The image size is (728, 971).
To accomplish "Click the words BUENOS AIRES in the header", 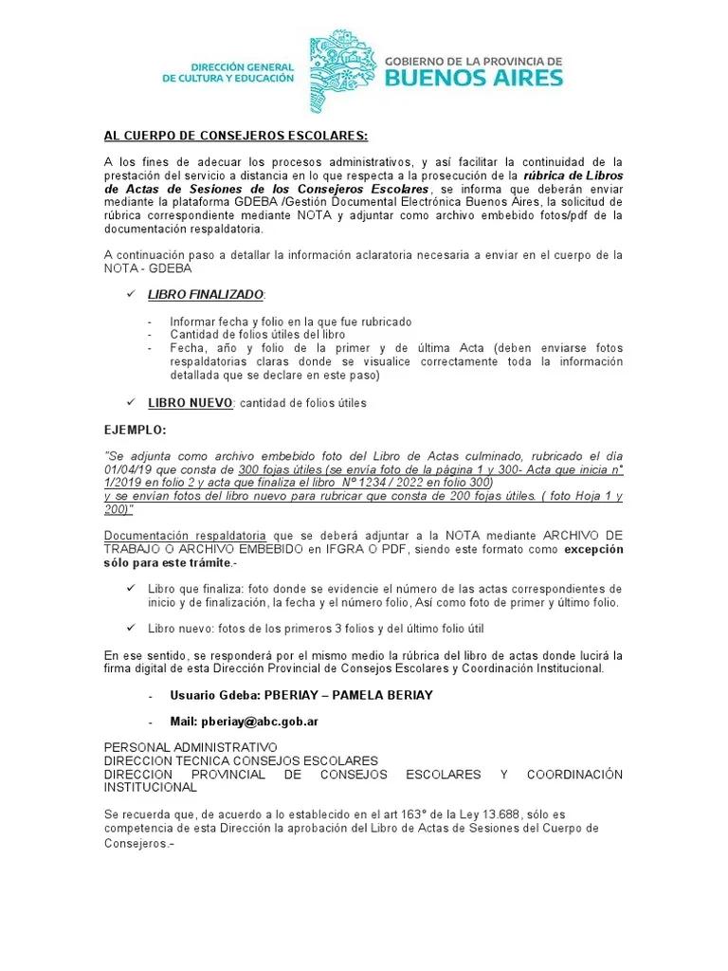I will [x=473, y=78].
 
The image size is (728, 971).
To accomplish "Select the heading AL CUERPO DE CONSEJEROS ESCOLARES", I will [x=235, y=135].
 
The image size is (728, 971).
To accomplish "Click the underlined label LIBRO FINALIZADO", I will [x=206, y=295].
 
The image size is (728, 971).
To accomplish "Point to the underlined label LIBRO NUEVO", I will [x=190, y=403].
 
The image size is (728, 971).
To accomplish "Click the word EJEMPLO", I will [x=134, y=430].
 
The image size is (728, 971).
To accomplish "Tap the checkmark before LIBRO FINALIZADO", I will [x=131, y=295].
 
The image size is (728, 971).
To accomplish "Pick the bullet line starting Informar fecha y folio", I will [x=291, y=321].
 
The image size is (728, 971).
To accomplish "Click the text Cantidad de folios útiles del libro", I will [x=257, y=335].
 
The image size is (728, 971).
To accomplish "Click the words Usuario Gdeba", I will [x=201, y=695].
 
